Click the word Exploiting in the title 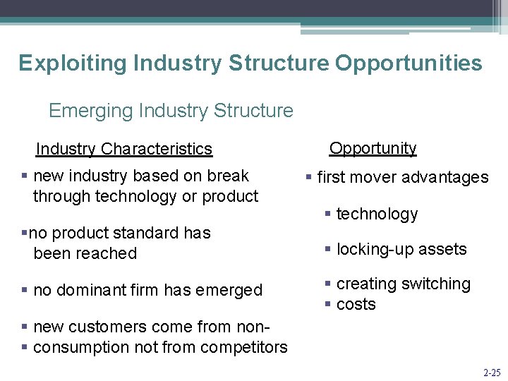tap(61, 64)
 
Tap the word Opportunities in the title tap(409, 64)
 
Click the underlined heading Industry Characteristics tap(123, 149)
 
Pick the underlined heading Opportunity tap(373, 148)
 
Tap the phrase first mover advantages tap(402, 178)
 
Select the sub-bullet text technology tap(377, 214)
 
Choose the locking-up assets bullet tap(401, 249)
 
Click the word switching tap(437, 284)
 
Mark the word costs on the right tap(356, 304)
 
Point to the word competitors tap(243, 347)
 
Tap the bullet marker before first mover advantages tap(309, 178)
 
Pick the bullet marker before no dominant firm tap(25, 290)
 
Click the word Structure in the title tap(278, 64)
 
